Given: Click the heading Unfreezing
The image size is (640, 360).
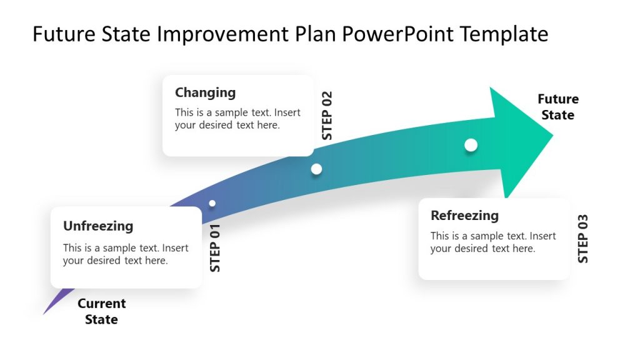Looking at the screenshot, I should click(x=98, y=226).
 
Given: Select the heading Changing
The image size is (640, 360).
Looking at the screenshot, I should click(x=205, y=92).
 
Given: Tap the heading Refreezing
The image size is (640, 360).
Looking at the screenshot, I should click(x=464, y=216).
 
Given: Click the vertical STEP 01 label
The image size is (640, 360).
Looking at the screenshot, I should click(x=216, y=247).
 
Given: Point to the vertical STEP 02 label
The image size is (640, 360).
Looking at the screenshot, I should click(x=327, y=116).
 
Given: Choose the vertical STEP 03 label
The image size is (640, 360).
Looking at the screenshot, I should click(x=583, y=239).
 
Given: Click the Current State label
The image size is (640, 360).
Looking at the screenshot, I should click(x=101, y=311).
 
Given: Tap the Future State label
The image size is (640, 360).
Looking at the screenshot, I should click(x=558, y=107).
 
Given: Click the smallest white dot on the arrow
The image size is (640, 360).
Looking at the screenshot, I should click(x=212, y=203).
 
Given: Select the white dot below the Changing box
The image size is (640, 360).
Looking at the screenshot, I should click(x=316, y=169).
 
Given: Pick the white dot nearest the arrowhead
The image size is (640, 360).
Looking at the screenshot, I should click(x=471, y=145).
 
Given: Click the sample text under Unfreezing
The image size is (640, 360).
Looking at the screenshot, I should click(x=125, y=254).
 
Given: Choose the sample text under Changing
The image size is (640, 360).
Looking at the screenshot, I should click(x=237, y=119).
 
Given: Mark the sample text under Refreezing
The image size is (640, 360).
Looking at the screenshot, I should click(x=492, y=242).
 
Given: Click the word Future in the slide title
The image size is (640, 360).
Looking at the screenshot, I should click(x=59, y=34).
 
